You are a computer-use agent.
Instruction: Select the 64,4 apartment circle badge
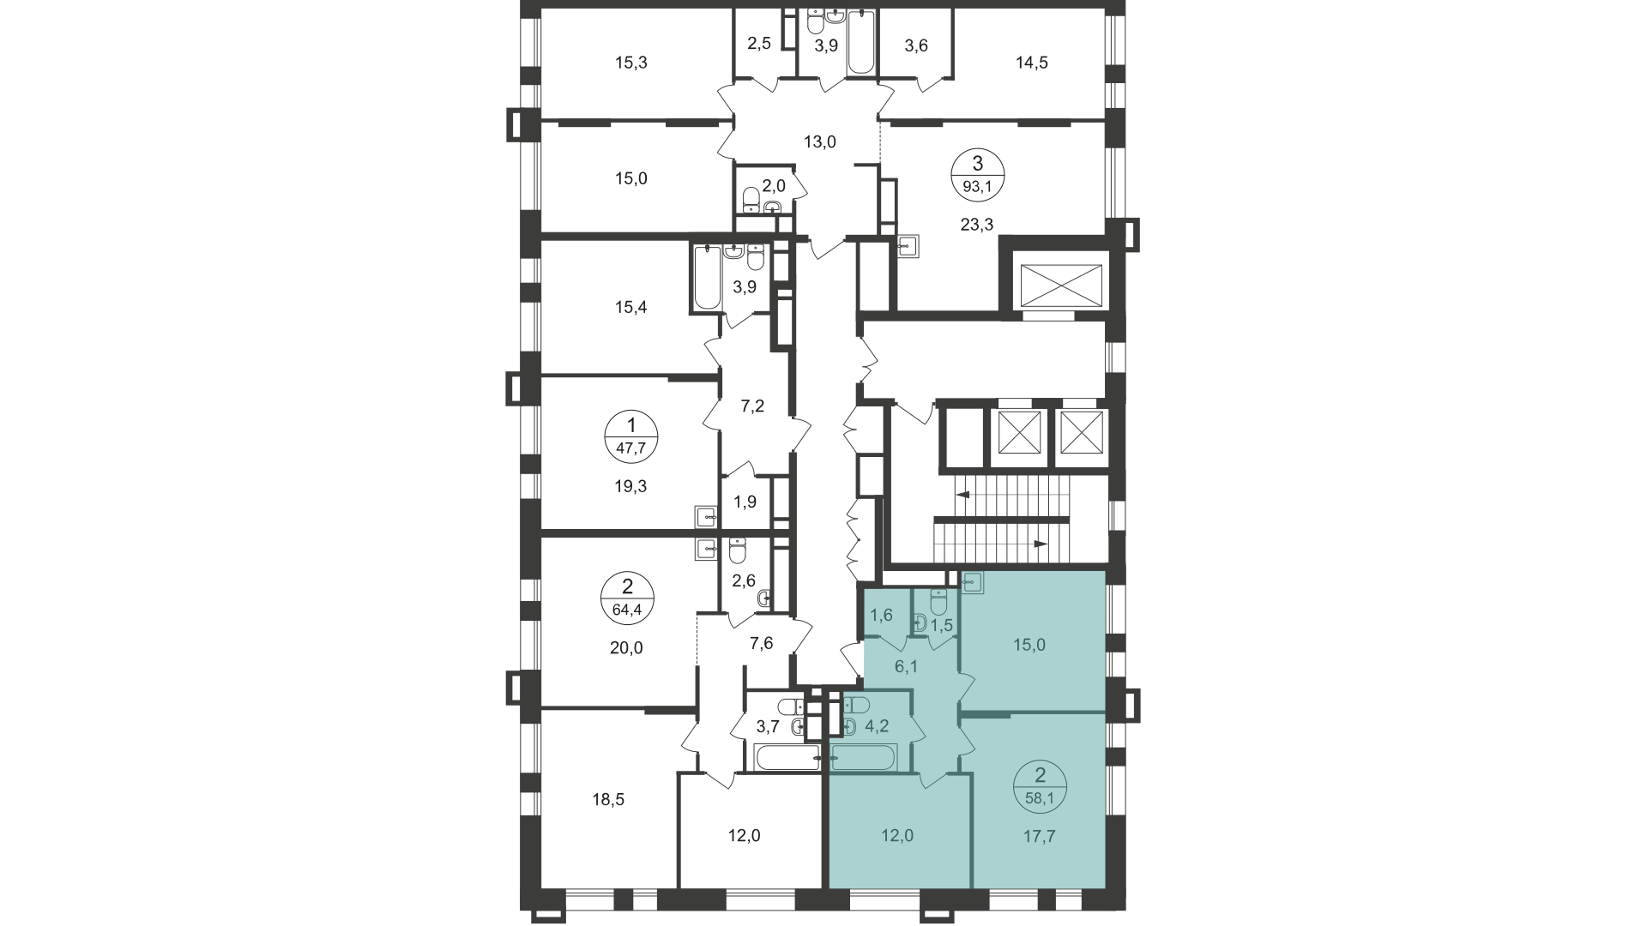click(x=627, y=598)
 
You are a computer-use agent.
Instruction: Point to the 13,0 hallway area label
click(x=819, y=142)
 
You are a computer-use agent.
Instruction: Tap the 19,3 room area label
click(x=630, y=486)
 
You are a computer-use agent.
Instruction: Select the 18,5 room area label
click(x=607, y=801)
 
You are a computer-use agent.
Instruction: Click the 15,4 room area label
click(x=630, y=307)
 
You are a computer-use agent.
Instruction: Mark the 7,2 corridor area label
click(x=752, y=406)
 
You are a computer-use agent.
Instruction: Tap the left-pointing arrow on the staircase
click(x=963, y=495)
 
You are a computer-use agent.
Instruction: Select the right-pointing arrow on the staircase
click(x=1041, y=544)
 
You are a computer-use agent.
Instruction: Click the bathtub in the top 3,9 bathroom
click(x=860, y=43)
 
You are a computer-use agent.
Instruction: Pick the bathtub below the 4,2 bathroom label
click(x=864, y=758)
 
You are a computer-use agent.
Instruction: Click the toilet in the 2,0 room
click(x=751, y=198)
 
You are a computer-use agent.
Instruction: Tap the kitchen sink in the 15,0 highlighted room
click(x=973, y=582)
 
